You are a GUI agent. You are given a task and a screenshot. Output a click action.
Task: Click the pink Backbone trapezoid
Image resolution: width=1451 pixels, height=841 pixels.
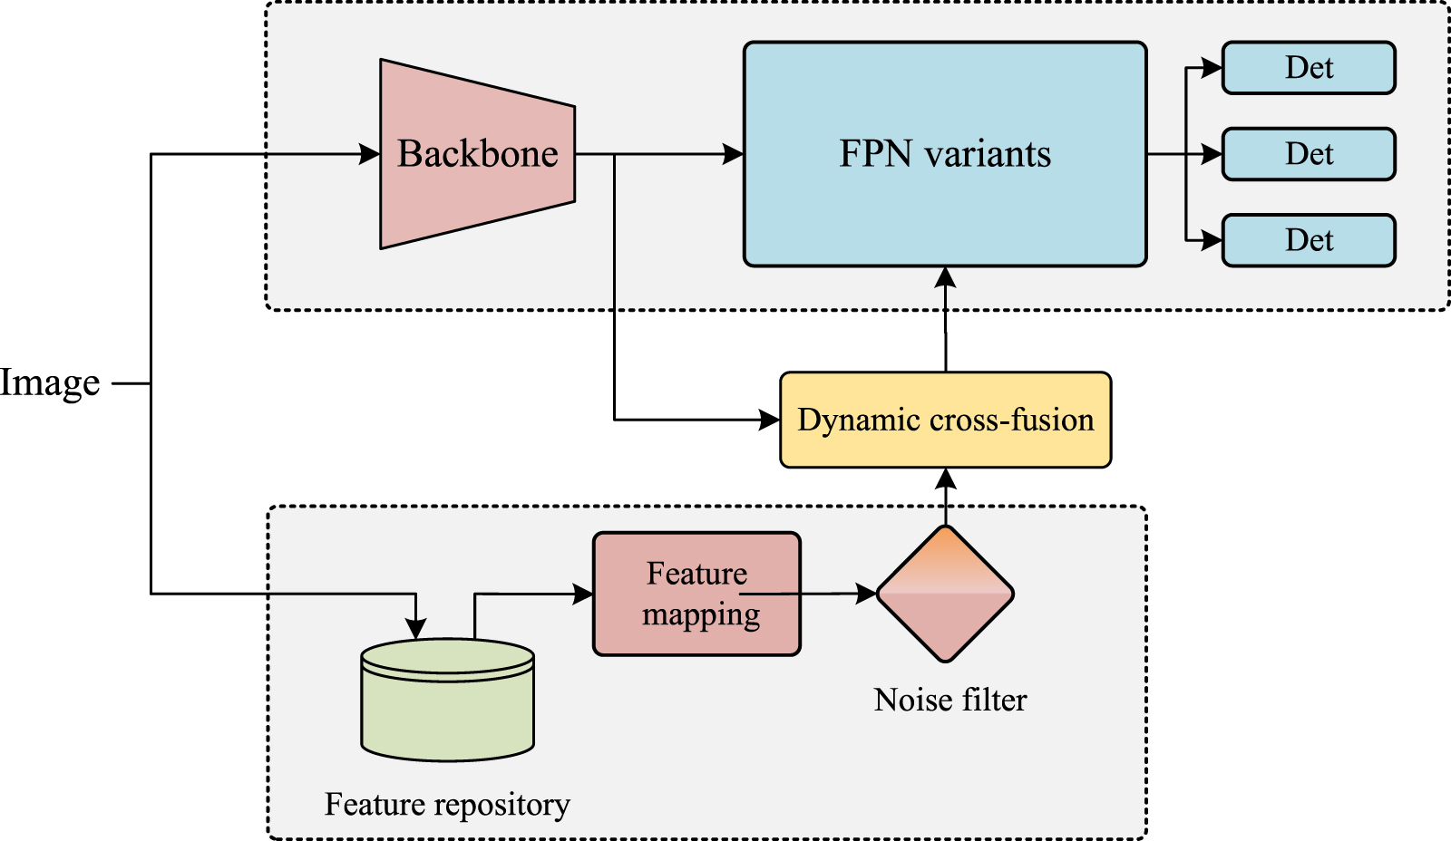477,154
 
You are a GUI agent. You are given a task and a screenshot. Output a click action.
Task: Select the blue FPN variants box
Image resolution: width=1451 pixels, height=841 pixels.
944,154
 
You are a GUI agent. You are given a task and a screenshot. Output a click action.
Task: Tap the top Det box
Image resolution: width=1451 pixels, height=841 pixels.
1308,68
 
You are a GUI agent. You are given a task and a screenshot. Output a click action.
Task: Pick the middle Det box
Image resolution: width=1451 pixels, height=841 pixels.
1308,154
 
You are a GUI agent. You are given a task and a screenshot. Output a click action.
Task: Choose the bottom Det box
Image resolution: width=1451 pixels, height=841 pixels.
1308,240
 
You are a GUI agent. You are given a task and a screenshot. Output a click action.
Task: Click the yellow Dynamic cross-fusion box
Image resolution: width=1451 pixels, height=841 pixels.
945,420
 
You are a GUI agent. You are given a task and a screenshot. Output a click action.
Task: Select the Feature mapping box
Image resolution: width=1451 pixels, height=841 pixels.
696,594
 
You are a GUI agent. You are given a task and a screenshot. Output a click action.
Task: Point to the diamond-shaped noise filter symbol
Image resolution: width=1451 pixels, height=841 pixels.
945,594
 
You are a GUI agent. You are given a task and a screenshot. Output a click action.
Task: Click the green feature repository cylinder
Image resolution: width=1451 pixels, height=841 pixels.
447,702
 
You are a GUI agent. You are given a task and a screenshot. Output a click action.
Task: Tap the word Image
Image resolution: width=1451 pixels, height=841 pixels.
50,383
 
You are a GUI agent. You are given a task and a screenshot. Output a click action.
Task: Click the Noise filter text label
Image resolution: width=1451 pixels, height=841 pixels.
949,700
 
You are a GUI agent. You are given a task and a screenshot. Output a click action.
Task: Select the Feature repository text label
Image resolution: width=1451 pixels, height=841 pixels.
447,804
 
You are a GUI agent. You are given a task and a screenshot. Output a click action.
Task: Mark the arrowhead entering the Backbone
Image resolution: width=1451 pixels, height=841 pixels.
370,154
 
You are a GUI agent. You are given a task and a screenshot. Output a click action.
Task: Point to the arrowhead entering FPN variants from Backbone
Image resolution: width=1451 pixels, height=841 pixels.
734,154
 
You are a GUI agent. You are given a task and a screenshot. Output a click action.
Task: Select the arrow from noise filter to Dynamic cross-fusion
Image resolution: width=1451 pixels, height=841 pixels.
946,497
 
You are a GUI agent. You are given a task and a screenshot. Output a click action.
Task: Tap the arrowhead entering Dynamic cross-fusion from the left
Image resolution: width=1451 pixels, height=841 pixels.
770,420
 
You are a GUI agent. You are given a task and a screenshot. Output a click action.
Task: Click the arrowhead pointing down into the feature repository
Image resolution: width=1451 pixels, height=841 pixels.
416,629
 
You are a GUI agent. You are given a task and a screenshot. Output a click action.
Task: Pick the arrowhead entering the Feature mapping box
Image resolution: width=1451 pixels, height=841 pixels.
584,594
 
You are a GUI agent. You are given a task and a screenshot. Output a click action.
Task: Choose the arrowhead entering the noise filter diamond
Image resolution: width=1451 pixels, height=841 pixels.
868,594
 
